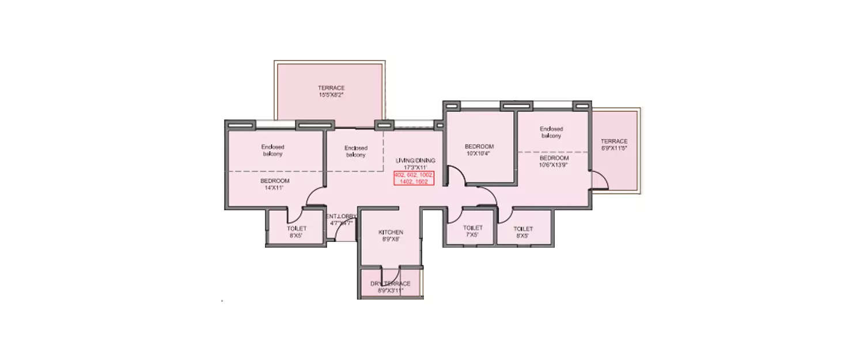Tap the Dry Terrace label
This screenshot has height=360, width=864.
tap(390, 287)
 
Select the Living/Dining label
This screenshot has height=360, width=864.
tap(415, 164)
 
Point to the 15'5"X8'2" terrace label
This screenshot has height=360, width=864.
tap(331, 91)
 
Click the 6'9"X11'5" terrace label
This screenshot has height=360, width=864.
tap(614, 145)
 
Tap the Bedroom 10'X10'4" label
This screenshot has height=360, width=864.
tap(479, 150)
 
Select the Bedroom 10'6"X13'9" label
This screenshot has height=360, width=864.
tap(554, 161)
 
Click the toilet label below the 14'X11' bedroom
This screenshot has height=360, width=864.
tap(297, 232)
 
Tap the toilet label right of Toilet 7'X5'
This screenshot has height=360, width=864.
tap(523, 232)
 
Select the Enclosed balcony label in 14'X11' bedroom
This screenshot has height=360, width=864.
tap(272, 150)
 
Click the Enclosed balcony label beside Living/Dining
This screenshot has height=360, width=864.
tap(356, 151)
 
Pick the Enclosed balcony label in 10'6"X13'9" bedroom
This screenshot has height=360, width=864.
tap(551, 132)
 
